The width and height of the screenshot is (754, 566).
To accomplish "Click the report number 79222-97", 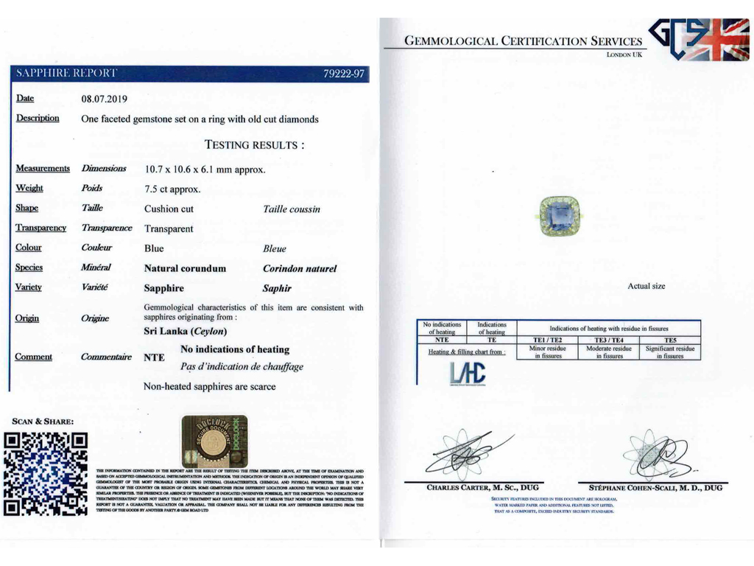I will [344, 74].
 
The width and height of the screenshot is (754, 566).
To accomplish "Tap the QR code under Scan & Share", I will [46, 473].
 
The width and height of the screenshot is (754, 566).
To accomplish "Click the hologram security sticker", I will [214, 441].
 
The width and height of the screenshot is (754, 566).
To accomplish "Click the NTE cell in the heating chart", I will [442, 340].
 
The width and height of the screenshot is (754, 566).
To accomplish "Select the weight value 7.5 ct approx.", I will [172, 189].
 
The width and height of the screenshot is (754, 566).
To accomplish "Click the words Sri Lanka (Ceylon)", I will [185, 332].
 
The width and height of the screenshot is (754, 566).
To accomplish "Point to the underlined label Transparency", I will [41, 228].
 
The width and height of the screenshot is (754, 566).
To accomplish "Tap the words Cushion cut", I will [169, 209].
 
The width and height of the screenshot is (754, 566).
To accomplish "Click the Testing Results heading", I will [254, 145].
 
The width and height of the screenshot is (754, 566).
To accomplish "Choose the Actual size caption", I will [646, 286].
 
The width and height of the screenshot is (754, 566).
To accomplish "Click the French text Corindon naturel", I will [299, 269].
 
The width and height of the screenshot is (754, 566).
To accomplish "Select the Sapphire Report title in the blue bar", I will [66, 74].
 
